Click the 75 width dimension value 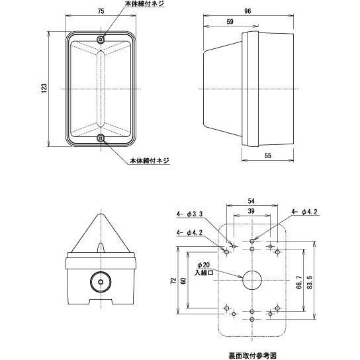101,11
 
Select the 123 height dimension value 44,89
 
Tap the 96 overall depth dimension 247,11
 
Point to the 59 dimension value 230,22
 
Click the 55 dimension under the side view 268,156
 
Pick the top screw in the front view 101,40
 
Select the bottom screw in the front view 101,138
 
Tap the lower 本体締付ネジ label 150,161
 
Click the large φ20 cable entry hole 252,280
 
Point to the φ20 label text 203,265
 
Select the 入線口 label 204,273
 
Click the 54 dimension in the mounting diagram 251,201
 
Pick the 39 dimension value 251,211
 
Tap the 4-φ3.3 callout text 189,214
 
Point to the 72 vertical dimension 173,281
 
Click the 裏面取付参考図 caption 252,355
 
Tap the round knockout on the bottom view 101,282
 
